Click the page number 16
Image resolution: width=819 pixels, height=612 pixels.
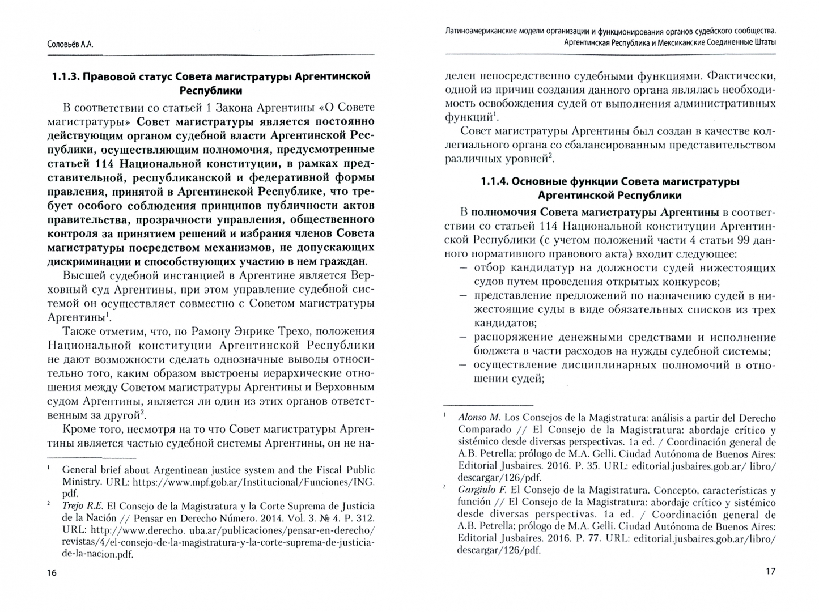pyautogui.click(x=52, y=573)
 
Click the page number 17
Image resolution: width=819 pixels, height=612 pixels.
pyautogui.click(x=770, y=571)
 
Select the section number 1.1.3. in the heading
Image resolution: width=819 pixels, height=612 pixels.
pyautogui.click(x=65, y=76)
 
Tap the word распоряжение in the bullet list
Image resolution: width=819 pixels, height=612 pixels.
pyautogui.click(x=509, y=338)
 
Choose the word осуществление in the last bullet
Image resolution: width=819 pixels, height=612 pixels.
pyautogui.click(x=513, y=365)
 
